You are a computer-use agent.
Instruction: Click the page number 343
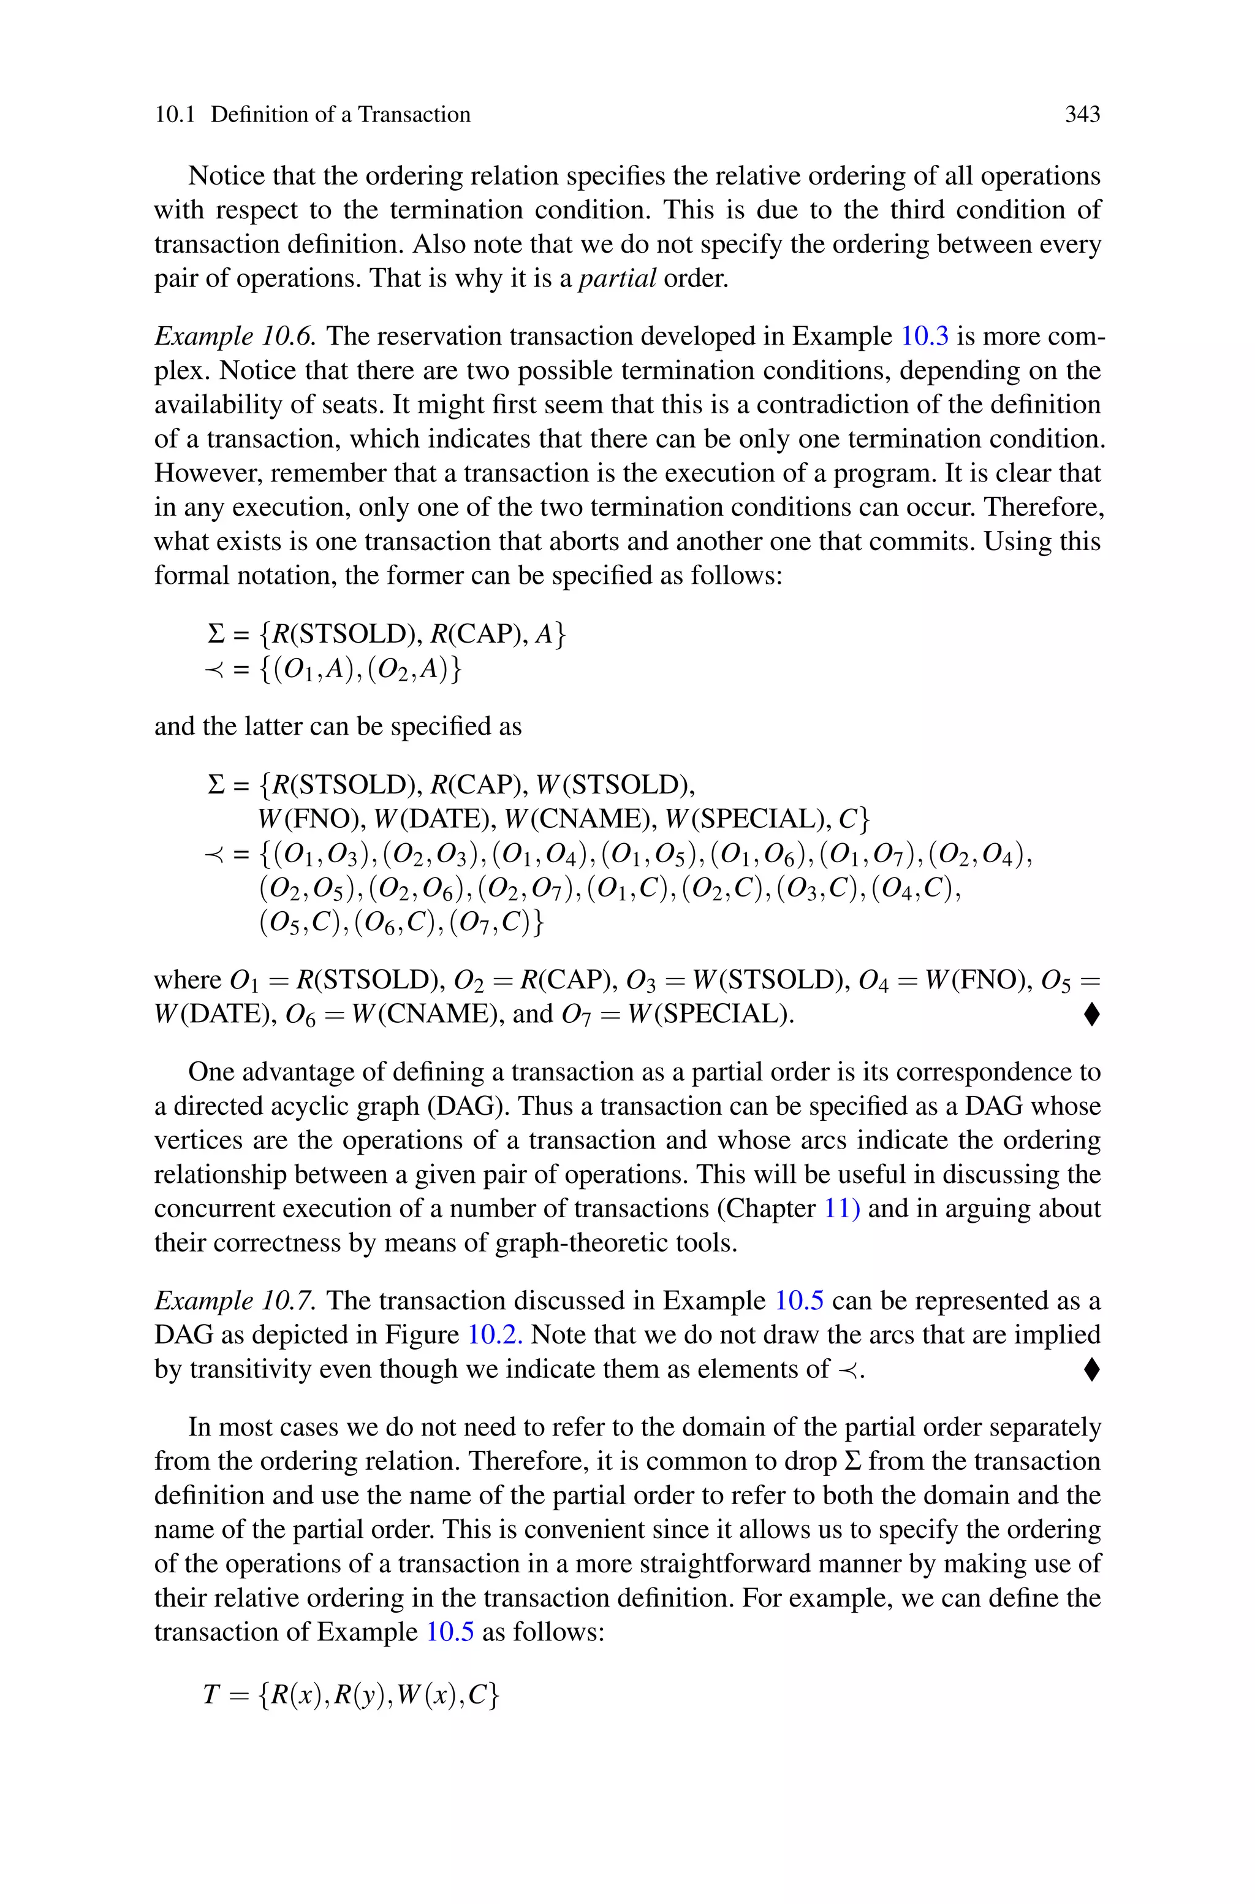[1082, 115]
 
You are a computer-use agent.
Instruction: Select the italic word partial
[617, 278]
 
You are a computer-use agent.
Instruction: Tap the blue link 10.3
[925, 336]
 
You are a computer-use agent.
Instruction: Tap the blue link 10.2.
[495, 1335]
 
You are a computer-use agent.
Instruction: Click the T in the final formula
[211, 1695]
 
